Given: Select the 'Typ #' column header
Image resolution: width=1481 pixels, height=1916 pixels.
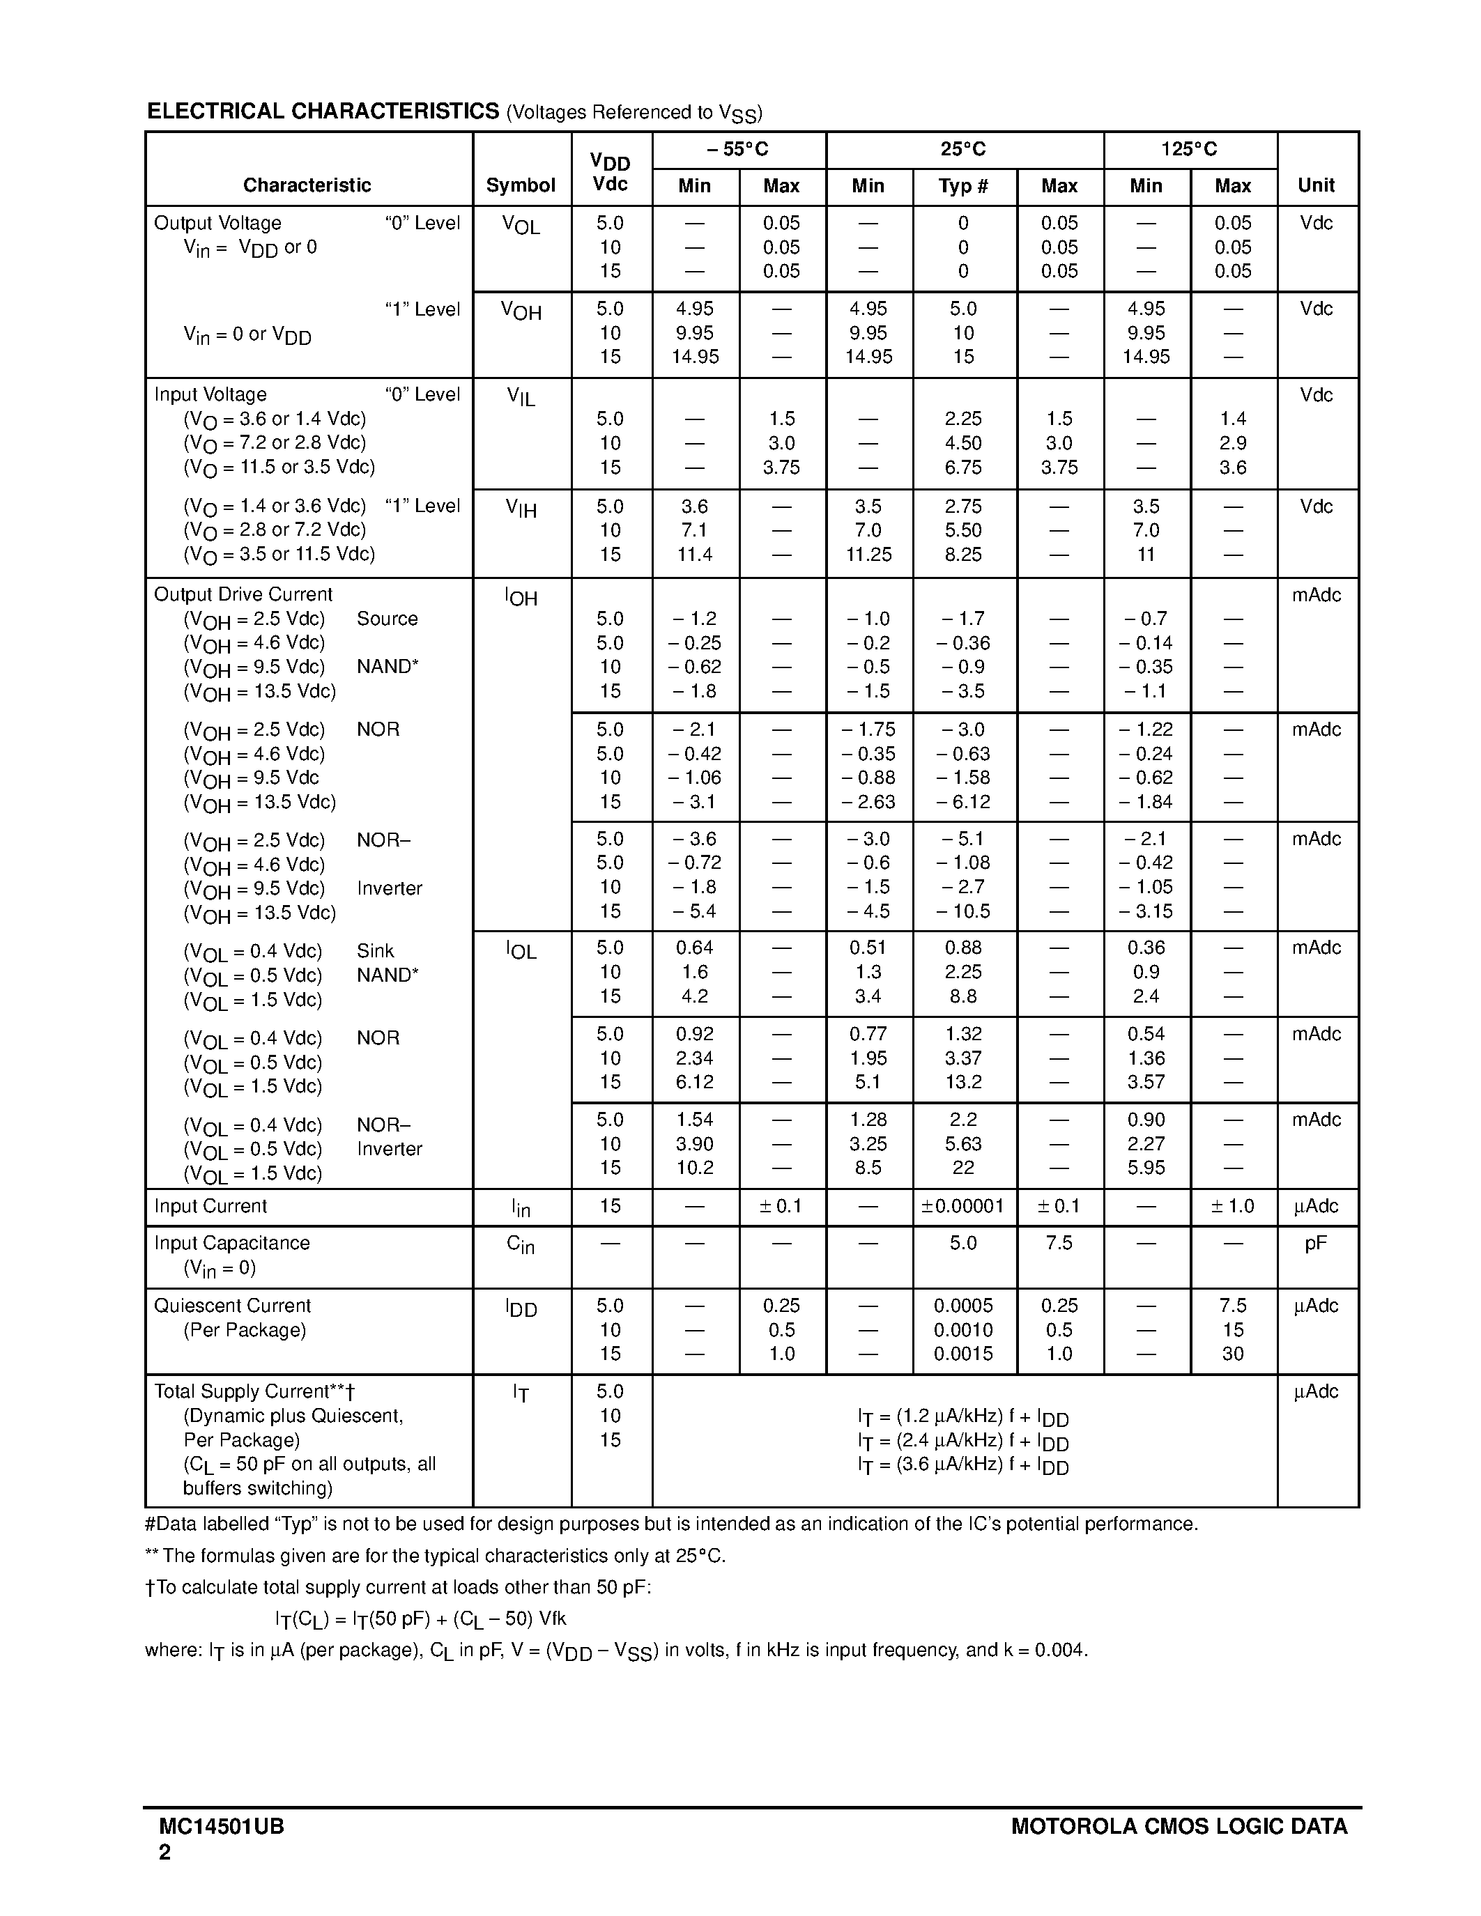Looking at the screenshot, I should pyautogui.click(x=962, y=186).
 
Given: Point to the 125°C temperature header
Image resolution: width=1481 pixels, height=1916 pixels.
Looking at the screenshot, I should pyautogui.click(x=1189, y=149).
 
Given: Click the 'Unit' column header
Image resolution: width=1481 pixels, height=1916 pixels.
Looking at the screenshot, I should pyautogui.click(x=1316, y=185).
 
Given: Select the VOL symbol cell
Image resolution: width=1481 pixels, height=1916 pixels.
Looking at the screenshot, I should pyautogui.click(x=521, y=226).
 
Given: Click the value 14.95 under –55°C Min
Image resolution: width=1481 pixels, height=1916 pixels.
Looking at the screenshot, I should pyautogui.click(x=695, y=357).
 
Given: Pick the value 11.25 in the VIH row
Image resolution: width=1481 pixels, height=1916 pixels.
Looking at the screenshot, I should pyautogui.click(x=868, y=555).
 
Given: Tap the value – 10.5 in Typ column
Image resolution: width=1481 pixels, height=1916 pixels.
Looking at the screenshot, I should pyautogui.click(x=962, y=911).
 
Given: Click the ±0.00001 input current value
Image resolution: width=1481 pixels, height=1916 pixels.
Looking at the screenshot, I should pyautogui.click(x=962, y=1206).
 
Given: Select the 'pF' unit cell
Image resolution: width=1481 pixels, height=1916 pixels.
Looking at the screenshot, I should pyautogui.click(x=1315, y=1243).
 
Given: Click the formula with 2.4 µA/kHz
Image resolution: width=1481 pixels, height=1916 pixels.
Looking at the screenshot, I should pyautogui.click(x=962, y=1441).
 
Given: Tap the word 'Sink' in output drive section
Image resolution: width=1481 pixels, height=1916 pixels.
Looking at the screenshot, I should pyautogui.click(x=375, y=951).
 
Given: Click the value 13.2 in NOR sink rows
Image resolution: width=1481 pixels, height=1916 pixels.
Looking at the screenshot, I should pyautogui.click(x=962, y=1082).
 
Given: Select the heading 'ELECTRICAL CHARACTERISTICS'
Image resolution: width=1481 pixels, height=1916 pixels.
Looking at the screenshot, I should pyautogui.click(x=323, y=111).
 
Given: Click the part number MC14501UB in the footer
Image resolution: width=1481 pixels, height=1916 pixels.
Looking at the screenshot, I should pyautogui.click(x=221, y=1828).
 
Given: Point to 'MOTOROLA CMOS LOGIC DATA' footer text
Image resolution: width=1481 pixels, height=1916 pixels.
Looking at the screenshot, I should pyautogui.click(x=1179, y=1828).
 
